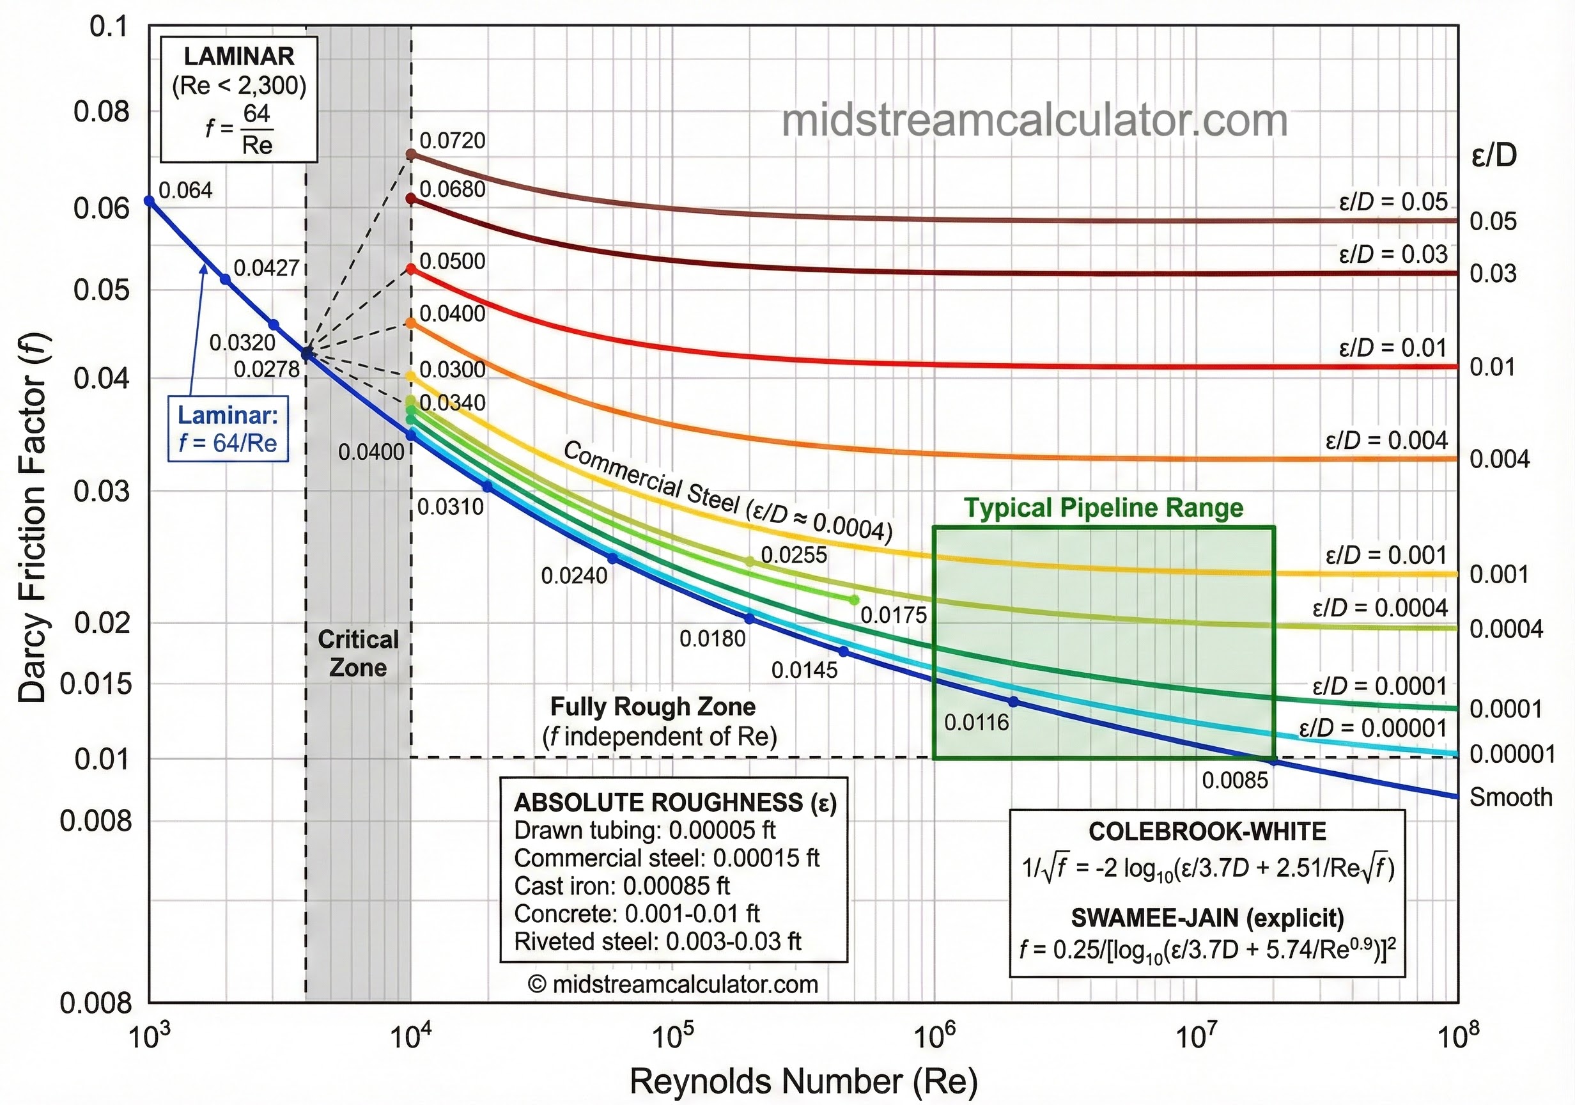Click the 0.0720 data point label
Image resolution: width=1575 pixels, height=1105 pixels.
[452, 141]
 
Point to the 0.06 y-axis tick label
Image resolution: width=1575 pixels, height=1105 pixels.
[101, 208]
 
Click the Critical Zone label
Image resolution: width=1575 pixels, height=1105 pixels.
[357, 654]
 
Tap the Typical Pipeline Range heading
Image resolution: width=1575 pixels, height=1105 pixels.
[1103, 508]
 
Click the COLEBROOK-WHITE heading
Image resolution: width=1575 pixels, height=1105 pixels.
[1207, 832]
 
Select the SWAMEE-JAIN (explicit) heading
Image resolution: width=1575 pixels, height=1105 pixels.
[1207, 918]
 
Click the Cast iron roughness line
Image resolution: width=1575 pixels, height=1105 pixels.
[621, 886]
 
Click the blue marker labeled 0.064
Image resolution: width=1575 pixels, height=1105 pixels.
[150, 200]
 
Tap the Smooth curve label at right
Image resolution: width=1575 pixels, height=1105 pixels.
[1510, 797]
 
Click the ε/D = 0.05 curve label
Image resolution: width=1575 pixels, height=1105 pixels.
[1393, 202]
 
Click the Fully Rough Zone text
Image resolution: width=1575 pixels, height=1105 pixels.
[653, 707]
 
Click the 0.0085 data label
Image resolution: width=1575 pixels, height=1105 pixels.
[1235, 780]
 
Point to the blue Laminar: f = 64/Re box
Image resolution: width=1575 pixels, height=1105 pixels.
[228, 429]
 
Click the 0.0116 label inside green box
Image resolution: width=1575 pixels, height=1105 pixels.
[976, 723]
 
